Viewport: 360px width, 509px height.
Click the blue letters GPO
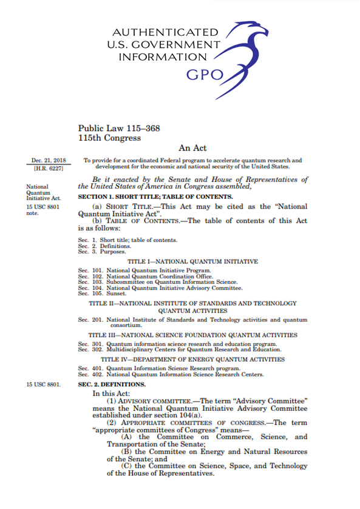click(204, 75)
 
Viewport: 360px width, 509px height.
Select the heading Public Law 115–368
click(118, 128)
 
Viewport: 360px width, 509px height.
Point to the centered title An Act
click(192, 148)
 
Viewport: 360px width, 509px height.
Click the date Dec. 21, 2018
click(49, 160)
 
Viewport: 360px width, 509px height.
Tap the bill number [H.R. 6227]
click(49, 167)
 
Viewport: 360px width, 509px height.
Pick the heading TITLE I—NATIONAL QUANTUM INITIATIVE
click(192, 261)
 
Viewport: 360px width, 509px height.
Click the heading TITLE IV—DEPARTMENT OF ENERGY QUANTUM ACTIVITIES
click(192, 359)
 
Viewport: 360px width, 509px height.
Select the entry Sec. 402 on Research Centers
click(171, 374)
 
